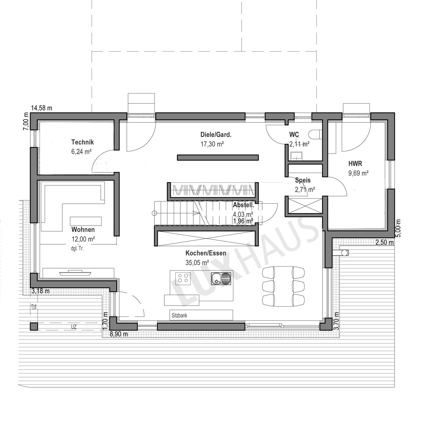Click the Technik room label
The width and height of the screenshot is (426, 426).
(x=83, y=142)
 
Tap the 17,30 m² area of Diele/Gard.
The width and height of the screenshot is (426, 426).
(x=212, y=144)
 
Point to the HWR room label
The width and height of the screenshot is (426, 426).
(x=355, y=164)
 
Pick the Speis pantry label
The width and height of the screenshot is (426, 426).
(x=303, y=180)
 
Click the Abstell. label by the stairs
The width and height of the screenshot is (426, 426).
(x=243, y=205)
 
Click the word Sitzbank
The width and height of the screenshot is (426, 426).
(x=179, y=316)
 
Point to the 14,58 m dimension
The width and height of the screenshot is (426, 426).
(x=42, y=108)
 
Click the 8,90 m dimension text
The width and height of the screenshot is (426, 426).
(x=119, y=334)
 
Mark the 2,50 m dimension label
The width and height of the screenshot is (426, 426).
(x=385, y=243)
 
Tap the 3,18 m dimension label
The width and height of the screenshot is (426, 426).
(x=41, y=291)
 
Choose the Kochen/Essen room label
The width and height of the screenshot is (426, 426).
(x=206, y=253)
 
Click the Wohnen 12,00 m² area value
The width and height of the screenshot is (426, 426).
(x=83, y=239)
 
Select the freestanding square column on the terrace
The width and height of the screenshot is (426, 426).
(x=34, y=326)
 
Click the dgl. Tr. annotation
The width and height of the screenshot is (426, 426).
(x=77, y=249)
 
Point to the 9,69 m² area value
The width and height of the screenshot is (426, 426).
(x=358, y=173)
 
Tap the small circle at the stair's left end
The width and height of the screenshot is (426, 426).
(x=154, y=213)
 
